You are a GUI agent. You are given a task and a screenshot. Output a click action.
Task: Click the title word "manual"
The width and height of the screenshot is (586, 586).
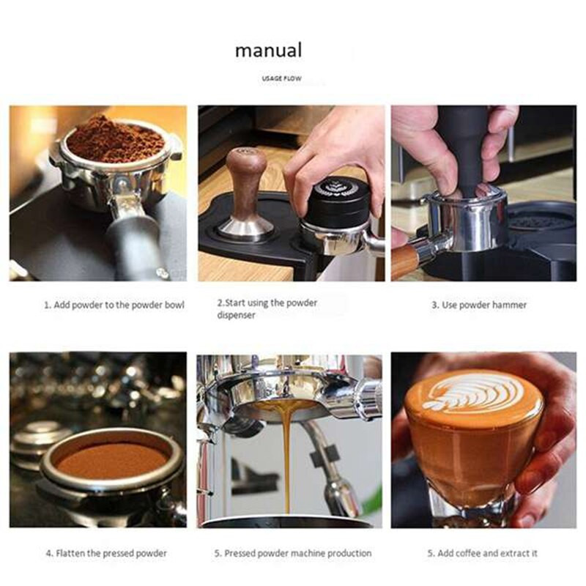pyautogui.click(x=268, y=51)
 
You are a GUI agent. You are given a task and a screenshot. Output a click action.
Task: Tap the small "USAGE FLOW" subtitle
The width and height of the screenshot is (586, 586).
pyautogui.click(x=281, y=78)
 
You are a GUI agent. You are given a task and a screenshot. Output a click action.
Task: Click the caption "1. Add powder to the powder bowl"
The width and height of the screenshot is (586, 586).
pyautogui.click(x=114, y=305)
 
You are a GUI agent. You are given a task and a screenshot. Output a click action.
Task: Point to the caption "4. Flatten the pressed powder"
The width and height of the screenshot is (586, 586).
pyautogui.click(x=105, y=553)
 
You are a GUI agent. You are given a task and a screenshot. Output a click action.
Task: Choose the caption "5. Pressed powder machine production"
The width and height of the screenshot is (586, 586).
pyautogui.click(x=292, y=553)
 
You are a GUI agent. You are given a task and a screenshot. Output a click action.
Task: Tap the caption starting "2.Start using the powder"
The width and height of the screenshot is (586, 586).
pyautogui.click(x=267, y=303)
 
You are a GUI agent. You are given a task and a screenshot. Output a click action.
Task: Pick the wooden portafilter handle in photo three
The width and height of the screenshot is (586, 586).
pyautogui.click(x=404, y=260)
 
